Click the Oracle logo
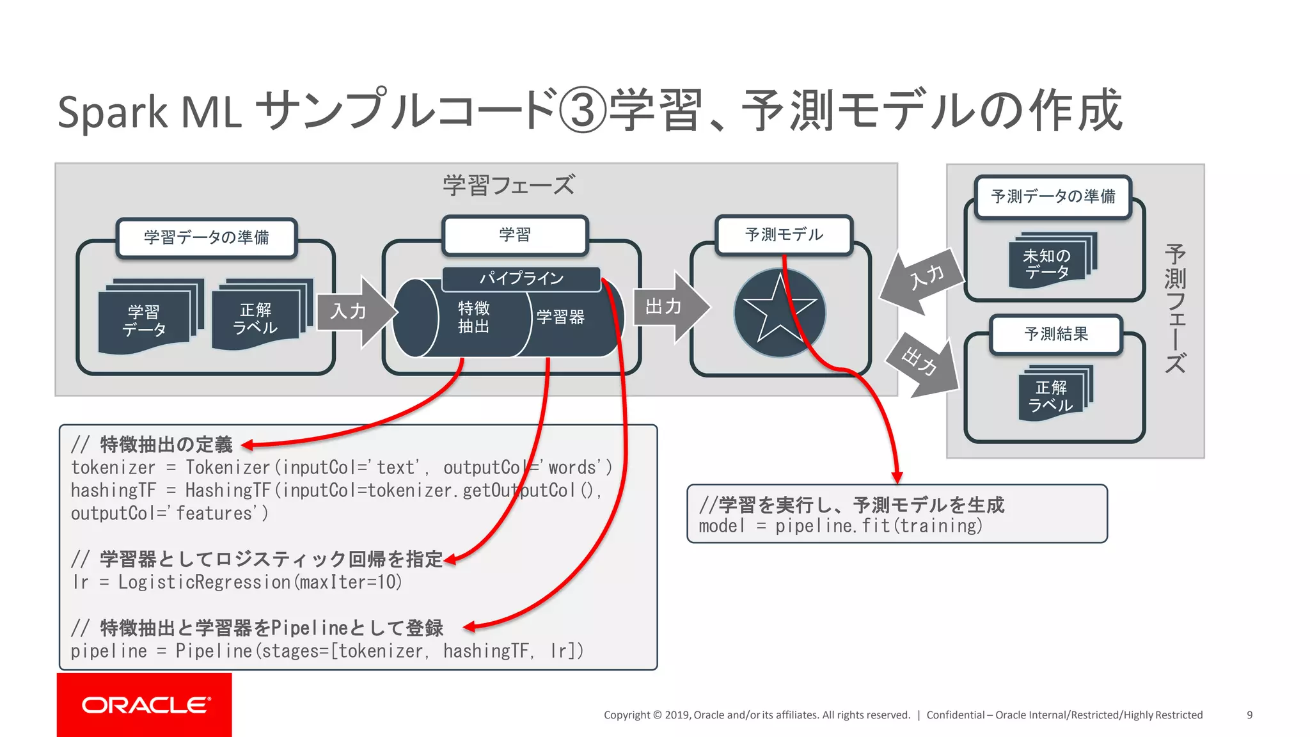pos(145,704)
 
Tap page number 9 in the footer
pos(1249,715)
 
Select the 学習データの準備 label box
pos(207,238)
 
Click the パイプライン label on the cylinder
pos(521,278)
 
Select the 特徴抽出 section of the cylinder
pos(474,318)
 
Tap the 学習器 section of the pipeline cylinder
pos(560,317)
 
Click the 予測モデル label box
pos(784,235)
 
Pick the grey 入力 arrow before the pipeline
pos(354,312)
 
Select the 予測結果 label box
pos(1056,334)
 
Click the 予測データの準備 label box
pos(1053,196)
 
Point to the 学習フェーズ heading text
pos(509,186)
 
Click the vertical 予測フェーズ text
pos(1175,308)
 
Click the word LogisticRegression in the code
pos(204,582)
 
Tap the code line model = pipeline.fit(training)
pos(840,527)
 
